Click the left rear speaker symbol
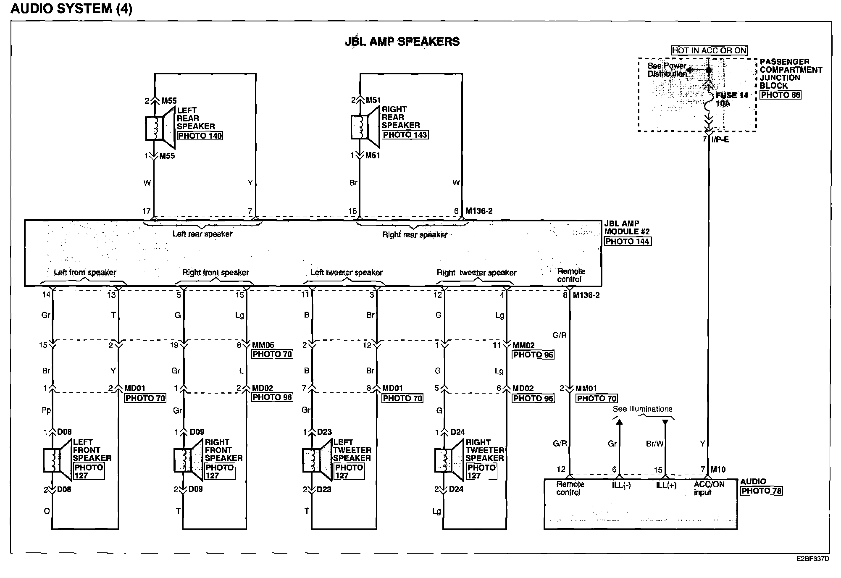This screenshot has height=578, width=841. click(160, 128)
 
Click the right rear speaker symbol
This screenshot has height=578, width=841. click(365, 127)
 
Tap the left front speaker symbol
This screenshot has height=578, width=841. click(58, 460)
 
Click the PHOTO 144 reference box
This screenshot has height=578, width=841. click(628, 242)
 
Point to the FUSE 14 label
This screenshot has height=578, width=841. click(732, 95)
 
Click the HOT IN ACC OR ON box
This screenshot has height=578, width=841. click(709, 51)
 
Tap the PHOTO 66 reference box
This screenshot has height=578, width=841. click(781, 95)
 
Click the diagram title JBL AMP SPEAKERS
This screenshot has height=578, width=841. click(402, 42)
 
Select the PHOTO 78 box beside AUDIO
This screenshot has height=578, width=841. click(761, 491)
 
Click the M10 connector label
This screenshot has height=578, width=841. click(718, 470)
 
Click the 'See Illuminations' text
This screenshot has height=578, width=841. click(642, 409)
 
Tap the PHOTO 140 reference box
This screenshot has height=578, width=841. click(200, 136)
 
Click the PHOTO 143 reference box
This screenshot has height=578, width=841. click(405, 135)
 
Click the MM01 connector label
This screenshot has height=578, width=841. click(586, 389)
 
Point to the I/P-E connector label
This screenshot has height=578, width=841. click(720, 139)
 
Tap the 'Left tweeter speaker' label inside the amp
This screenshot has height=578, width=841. click(346, 273)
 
